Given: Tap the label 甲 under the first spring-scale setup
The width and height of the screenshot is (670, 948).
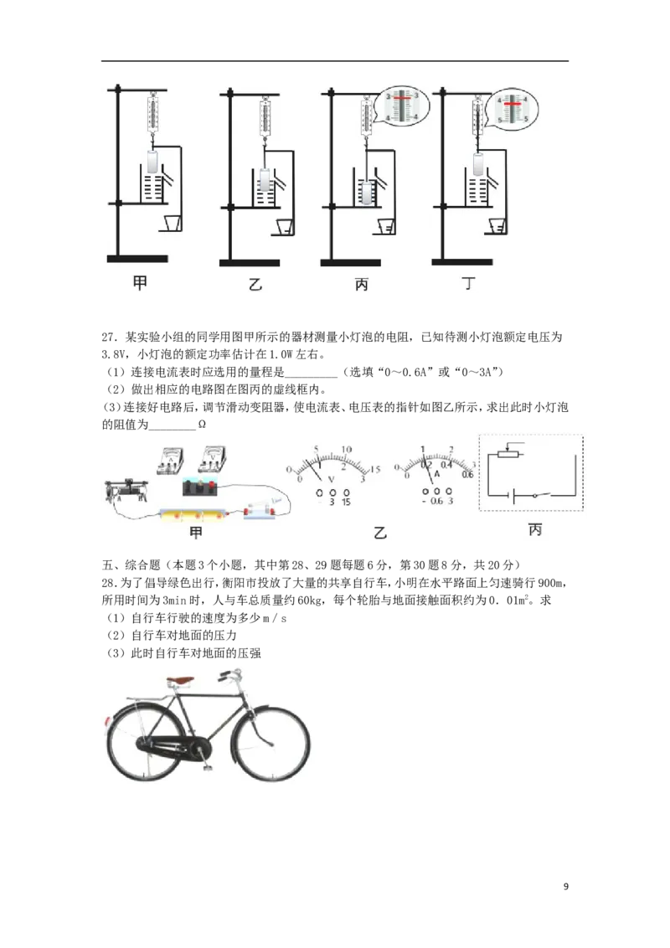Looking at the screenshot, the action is coord(141,282).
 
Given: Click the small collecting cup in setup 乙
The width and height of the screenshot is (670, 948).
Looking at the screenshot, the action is coord(285,227).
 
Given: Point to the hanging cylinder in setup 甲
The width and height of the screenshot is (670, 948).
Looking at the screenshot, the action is coord(152,163).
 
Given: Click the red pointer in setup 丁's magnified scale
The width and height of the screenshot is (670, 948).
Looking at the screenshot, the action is coord(513,105).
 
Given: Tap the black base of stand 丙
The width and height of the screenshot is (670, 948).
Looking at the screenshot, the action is coord(350,263).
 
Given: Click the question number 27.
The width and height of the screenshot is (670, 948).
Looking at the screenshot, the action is coord(108,337).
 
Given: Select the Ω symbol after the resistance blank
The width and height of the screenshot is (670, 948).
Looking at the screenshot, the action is coord(202,425).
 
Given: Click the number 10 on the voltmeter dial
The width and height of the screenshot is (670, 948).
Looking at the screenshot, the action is coord(347,450).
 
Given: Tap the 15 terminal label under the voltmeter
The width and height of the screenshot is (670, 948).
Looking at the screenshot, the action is coord(346,502).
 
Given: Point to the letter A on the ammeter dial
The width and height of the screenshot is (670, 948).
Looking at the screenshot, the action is coord(436,475).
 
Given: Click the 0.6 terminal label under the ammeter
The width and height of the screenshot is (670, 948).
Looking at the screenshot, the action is coord(436,501).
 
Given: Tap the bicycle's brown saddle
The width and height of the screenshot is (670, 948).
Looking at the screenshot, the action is coord(181,682).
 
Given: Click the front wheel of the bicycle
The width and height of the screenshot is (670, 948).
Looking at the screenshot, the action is coord(271,744).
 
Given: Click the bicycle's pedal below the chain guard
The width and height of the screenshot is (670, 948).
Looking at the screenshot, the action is coord(208,766).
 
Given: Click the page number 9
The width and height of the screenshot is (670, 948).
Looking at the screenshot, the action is coord(566,886).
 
